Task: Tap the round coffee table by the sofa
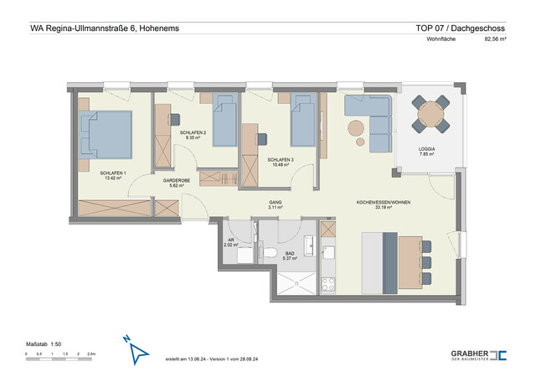tap(357, 129)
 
